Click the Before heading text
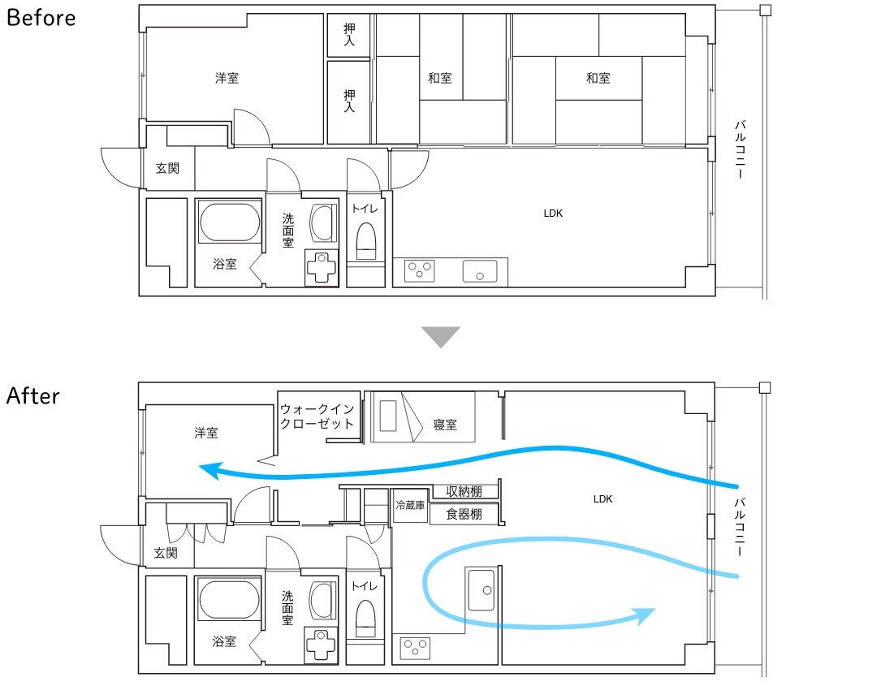[41, 17]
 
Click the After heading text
[33, 395]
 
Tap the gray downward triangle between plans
[441, 337]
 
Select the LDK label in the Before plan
[553, 213]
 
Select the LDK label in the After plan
[602, 499]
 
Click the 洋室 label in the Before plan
[227, 78]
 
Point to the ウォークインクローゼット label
[317, 416]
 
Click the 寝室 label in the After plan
[445, 425]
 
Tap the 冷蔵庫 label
[410, 505]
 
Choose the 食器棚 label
[464, 514]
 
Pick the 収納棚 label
[464, 491]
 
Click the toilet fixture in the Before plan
[366, 240]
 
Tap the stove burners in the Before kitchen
[420, 271]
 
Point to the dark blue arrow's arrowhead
[210, 470]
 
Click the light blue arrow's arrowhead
[644, 615]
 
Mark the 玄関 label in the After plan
[166, 553]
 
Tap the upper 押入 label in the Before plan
[349, 34]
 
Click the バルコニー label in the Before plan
[740, 149]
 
